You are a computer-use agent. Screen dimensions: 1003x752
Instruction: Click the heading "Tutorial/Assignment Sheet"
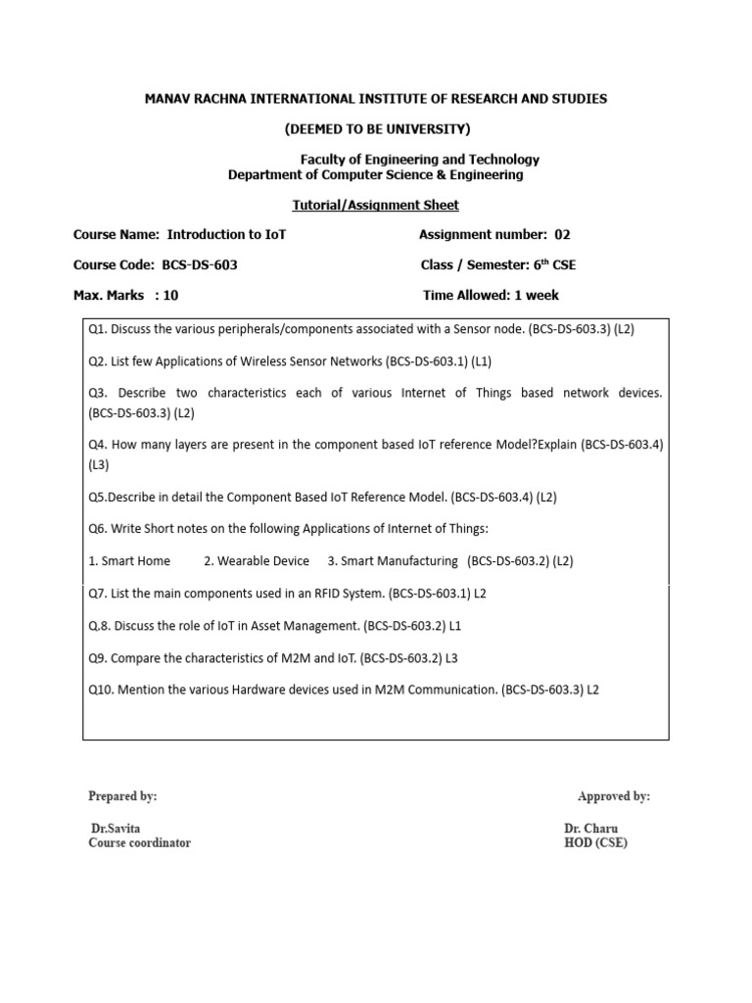tap(376, 205)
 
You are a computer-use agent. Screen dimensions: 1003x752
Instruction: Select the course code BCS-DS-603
tap(200, 265)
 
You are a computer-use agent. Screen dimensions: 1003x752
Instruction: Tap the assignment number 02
tap(562, 235)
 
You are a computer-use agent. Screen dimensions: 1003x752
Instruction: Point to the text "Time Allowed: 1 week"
tap(491, 295)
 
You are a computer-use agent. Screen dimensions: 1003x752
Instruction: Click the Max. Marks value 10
tap(171, 295)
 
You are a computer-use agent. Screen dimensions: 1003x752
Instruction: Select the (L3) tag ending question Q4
tap(99, 464)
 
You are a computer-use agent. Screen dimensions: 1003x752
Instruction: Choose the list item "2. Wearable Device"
tap(257, 561)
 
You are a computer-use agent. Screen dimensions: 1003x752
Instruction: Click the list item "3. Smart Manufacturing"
tap(393, 561)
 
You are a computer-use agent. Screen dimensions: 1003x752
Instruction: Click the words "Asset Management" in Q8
tap(309, 626)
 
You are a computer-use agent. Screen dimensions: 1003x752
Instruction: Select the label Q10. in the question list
tap(103, 690)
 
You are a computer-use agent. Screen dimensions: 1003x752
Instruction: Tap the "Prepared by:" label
tap(122, 796)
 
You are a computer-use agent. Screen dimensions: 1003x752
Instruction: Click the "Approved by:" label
tap(613, 796)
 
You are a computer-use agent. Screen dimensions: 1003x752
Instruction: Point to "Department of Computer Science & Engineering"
tap(376, 175)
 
